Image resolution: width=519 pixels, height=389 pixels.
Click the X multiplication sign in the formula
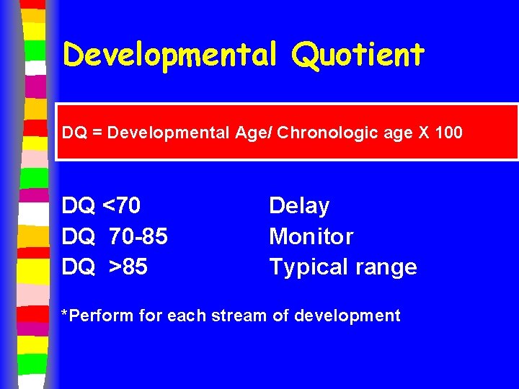coord(424,133)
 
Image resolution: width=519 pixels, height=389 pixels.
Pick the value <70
coord(122,206)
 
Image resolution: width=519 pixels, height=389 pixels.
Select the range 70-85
coord(138,236)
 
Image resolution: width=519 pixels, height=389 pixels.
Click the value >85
coord(128,267)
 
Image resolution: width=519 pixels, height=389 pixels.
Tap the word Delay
coord(299,206)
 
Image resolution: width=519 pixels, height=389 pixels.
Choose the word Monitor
coord(311,236)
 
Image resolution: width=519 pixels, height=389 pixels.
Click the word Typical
coord(305,267)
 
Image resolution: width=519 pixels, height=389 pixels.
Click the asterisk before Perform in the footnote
coord(65,314)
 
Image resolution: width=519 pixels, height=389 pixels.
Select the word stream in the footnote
coord(241,316)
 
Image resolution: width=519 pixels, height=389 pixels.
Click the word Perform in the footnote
coord(96,316)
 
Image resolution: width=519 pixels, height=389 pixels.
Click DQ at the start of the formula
coord(73,133)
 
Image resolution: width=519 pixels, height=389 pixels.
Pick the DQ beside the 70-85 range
coord(78,236)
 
